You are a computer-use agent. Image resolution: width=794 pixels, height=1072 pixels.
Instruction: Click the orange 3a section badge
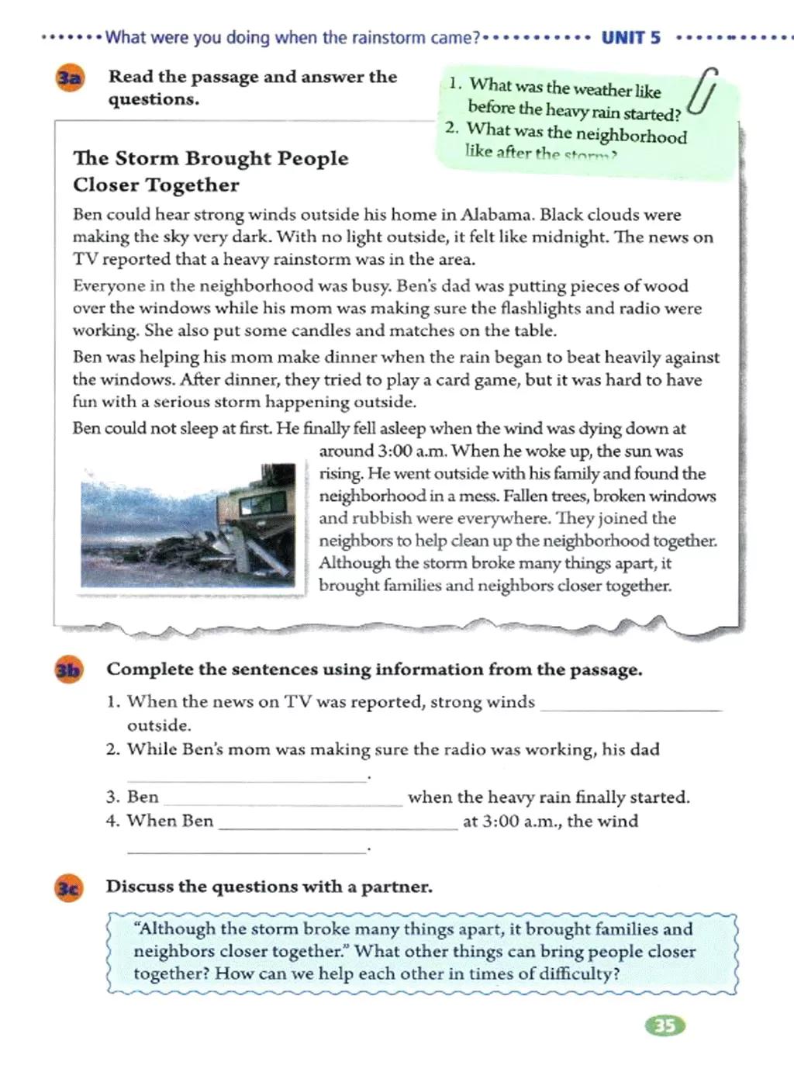(69, 78)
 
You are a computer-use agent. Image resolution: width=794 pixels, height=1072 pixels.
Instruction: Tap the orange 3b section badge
(68, 670)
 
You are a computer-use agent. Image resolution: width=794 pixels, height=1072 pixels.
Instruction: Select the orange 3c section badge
(68, 887)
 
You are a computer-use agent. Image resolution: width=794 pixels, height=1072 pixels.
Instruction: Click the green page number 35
(665, 1026)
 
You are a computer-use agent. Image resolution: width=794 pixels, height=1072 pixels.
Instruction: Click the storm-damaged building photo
(188, 525)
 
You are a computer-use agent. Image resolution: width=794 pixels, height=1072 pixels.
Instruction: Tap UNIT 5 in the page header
(631, 38)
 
